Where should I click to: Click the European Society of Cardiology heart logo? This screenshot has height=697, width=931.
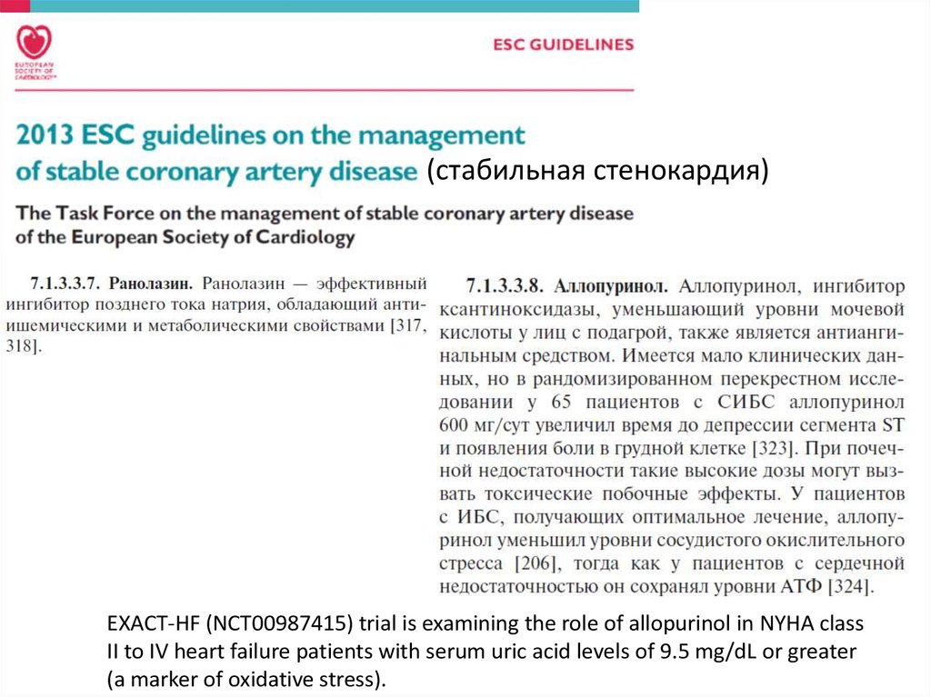tap(35, 43)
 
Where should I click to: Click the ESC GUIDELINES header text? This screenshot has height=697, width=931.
tap(562, 44)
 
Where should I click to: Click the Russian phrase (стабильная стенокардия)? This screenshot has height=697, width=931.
tap(600, 171)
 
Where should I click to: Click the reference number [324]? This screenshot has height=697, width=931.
tap(850, 587)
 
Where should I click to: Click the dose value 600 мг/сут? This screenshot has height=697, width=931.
tap(481, 423)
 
